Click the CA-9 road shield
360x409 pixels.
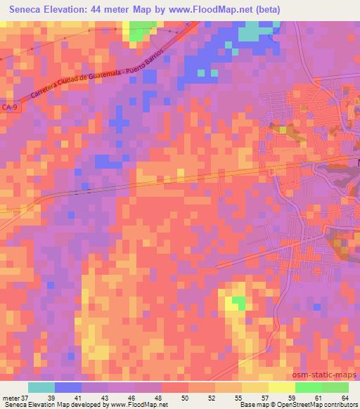[x=10, y=108]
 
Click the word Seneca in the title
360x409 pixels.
[x=27, y=8]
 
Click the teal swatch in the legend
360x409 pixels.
[x=41, y=387]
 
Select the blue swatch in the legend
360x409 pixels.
[x=69, y=387]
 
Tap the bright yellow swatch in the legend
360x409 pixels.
[x=281, y=387]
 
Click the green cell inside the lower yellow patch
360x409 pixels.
[x=240, y=303]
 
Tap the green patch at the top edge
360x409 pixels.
[x=142, y=30]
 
